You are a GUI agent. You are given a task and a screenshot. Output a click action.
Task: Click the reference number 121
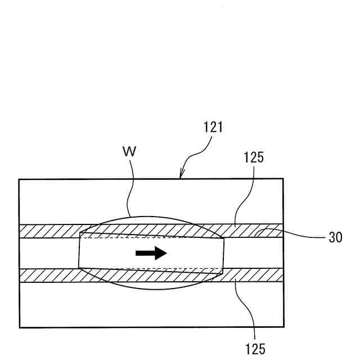tap(213, 127)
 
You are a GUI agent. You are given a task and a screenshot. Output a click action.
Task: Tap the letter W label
tap(129, 152)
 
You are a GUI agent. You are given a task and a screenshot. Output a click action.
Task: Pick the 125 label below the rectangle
tap(255, 348)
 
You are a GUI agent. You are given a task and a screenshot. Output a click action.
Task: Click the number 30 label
tap(336, 237)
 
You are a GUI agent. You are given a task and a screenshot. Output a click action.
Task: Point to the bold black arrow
tap(151, 253)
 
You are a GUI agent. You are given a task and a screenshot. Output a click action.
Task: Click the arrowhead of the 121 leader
tap(181, 177)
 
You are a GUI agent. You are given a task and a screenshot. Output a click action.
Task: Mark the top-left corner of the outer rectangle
tap(19, 179)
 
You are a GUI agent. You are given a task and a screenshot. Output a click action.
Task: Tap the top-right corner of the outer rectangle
tap(283, 179)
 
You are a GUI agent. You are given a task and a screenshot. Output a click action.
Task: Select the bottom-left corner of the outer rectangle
tap(19, 327)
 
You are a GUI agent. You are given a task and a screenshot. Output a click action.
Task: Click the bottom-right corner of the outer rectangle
tap(283, 327)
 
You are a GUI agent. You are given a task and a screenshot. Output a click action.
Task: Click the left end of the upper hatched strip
tap(21, 231)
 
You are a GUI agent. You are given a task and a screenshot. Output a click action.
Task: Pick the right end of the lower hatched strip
tap(281, 274)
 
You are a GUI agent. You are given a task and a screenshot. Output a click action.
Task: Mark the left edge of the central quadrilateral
tap(79, 250)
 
